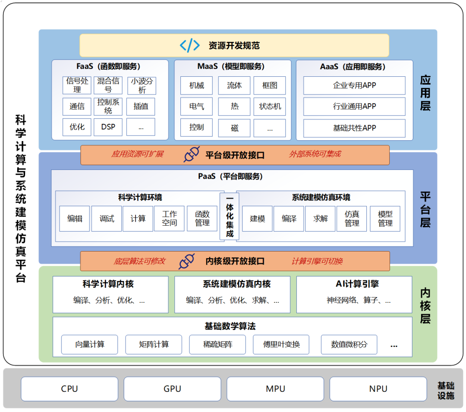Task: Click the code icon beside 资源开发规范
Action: [189, 45]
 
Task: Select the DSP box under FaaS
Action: [108, 127]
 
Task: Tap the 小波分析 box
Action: [142, 85]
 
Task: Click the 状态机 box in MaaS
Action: [270, 106]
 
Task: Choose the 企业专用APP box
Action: [354, 85]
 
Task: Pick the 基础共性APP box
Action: [354, 128]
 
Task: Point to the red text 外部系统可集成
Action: [315, 154]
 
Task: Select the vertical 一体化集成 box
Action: [230, 216]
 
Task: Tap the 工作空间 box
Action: [169, 218]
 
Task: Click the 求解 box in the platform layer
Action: [320, 218]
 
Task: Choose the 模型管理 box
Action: [385, 218]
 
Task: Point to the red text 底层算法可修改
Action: [139, 261]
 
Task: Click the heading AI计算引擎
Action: [357, 284]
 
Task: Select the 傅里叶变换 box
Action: [281, 344]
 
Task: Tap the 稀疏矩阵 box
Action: [217, 344]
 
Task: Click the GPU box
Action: [172, 389]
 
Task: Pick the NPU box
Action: [378, 389]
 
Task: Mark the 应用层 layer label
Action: [425, 93]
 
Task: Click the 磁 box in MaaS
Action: [234, 128]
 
